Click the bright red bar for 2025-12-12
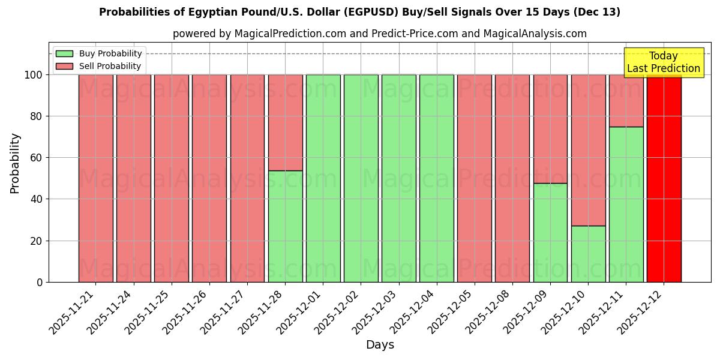pos(664,180)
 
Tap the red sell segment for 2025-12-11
pos(626,100)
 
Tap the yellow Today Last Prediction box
pos(664,62)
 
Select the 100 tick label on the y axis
pos(34,75)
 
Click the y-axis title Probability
pos(15,163)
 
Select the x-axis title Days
pos(380,345)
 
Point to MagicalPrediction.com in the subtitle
pos(290,34)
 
